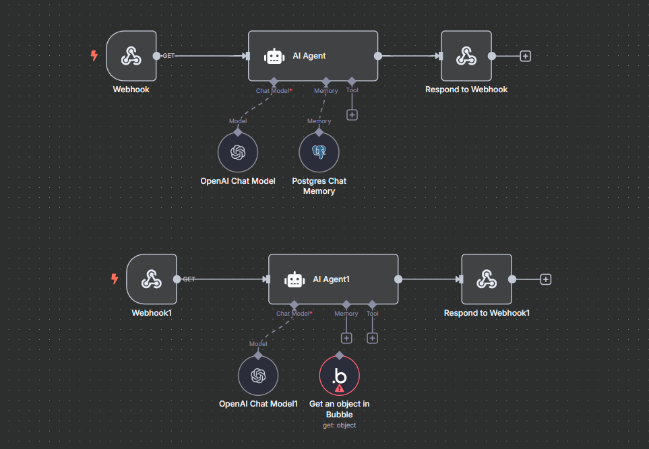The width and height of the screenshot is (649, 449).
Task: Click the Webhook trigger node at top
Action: coord(131,56)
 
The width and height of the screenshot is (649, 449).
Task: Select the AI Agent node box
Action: coord(313,56)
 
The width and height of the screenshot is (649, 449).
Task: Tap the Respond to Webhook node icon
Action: coord(466,56)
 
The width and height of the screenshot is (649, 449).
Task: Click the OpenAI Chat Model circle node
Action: coord(238,152)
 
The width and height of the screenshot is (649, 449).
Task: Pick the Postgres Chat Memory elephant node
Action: coord(319,152)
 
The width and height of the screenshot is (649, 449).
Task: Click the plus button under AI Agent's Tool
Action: coord(352,115)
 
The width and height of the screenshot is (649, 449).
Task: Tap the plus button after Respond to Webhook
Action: coord(525,56)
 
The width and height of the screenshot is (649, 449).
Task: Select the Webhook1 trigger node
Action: coord(152,279)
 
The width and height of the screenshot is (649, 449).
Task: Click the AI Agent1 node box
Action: coord(333,279)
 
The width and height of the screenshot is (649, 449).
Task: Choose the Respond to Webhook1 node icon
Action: coord(487,279)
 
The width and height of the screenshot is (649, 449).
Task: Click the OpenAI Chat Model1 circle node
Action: coord(258,376)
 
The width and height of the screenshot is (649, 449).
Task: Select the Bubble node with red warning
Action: coord(340,376)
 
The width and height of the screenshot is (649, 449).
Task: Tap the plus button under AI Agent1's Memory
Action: coord(346,338)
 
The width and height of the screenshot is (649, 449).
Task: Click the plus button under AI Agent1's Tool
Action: coord(373,338)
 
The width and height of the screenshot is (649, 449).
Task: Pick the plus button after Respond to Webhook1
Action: coord(545,279)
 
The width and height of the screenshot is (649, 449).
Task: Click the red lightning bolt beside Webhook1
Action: coord(115,279)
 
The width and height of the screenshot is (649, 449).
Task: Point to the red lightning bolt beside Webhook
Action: coord(94,55)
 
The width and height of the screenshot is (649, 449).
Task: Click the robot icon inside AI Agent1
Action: coord(295,279)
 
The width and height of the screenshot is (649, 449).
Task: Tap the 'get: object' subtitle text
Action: coord(340,425)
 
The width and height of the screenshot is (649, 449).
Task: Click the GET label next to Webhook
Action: coord(168,56)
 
